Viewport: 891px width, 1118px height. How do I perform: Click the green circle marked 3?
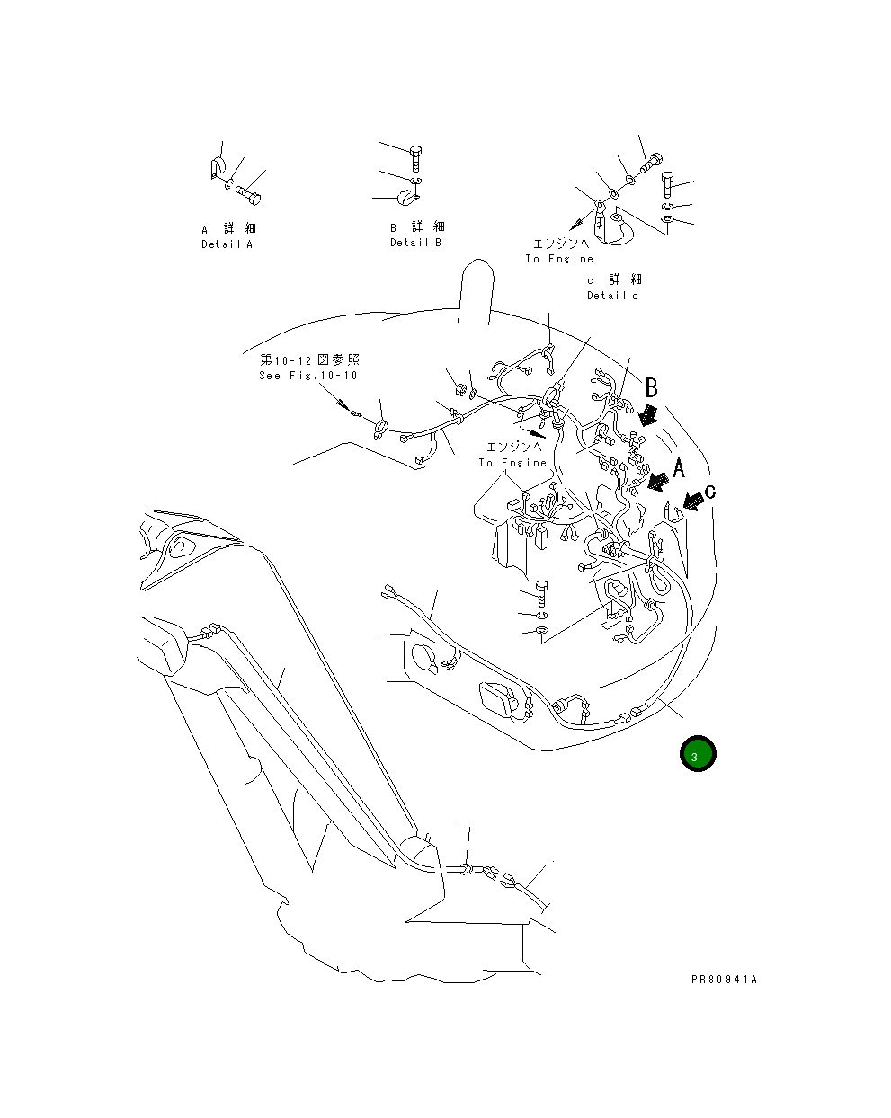tap(697, 755)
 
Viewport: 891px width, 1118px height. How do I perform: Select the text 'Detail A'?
tap(227, 244)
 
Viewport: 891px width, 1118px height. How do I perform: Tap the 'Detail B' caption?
tap(415, 243)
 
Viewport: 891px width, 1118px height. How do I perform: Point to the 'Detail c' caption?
tap(612, 296)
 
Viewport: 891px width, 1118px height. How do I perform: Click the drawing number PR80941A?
tap(724, 980)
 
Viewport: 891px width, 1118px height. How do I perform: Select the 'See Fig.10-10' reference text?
tap(307, 376)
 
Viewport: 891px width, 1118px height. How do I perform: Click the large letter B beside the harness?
tap(652, 388)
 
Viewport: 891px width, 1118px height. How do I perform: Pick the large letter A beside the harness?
tap(678, 467)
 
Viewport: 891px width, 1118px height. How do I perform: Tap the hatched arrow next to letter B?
tap(647, 414)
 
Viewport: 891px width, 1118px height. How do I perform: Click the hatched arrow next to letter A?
tap(659, 483)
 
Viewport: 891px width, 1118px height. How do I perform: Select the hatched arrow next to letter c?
tap(692, 501)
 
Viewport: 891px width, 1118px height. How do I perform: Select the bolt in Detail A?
tap(250, 191)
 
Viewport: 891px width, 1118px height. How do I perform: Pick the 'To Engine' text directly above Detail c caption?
tap(559, 259)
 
